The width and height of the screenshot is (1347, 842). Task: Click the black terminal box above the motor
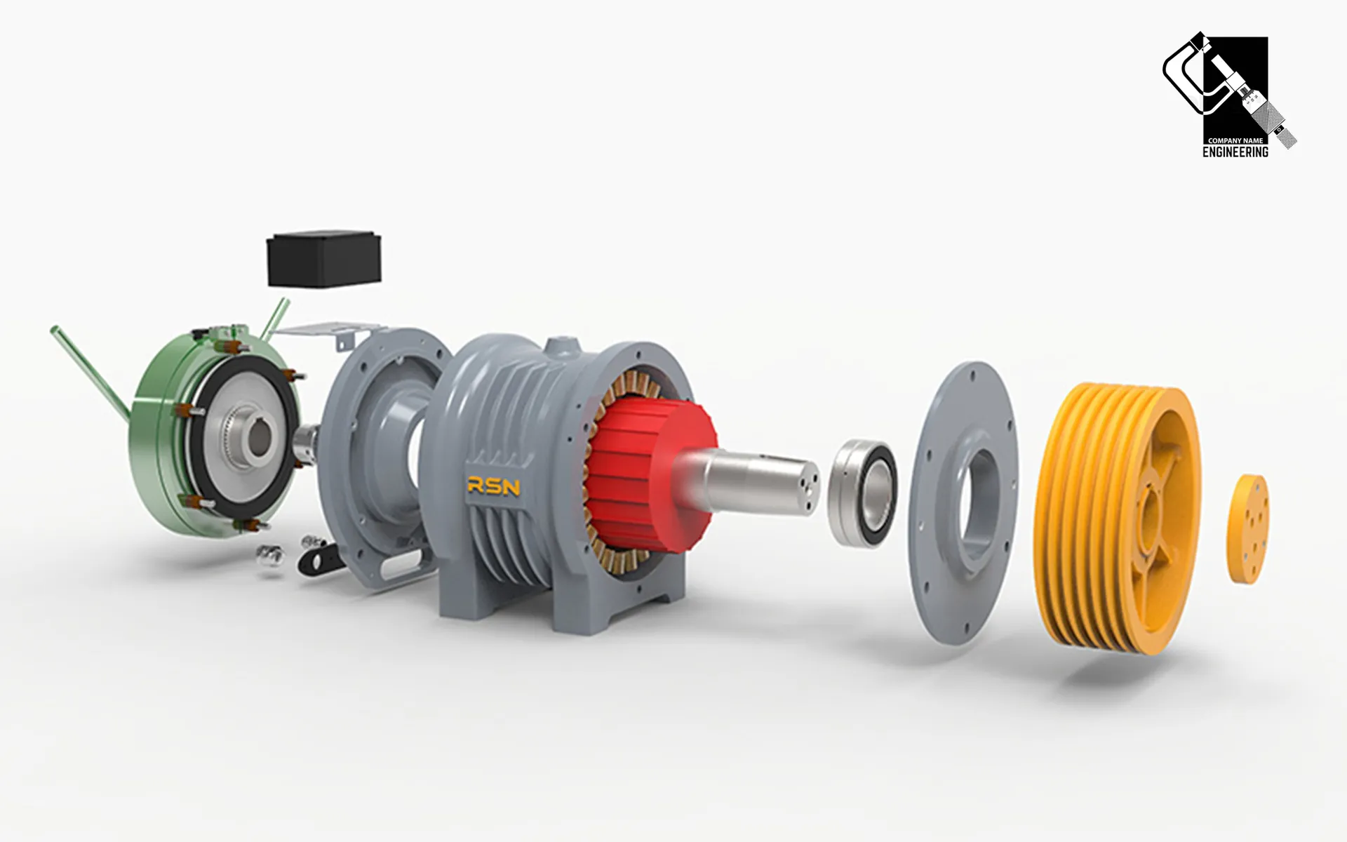324,258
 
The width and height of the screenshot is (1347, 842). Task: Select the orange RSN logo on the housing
494,486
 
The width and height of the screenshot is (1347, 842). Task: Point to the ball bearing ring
863,493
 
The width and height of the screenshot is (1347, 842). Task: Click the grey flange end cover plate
964,502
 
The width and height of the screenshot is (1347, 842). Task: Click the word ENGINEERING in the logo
1235,152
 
